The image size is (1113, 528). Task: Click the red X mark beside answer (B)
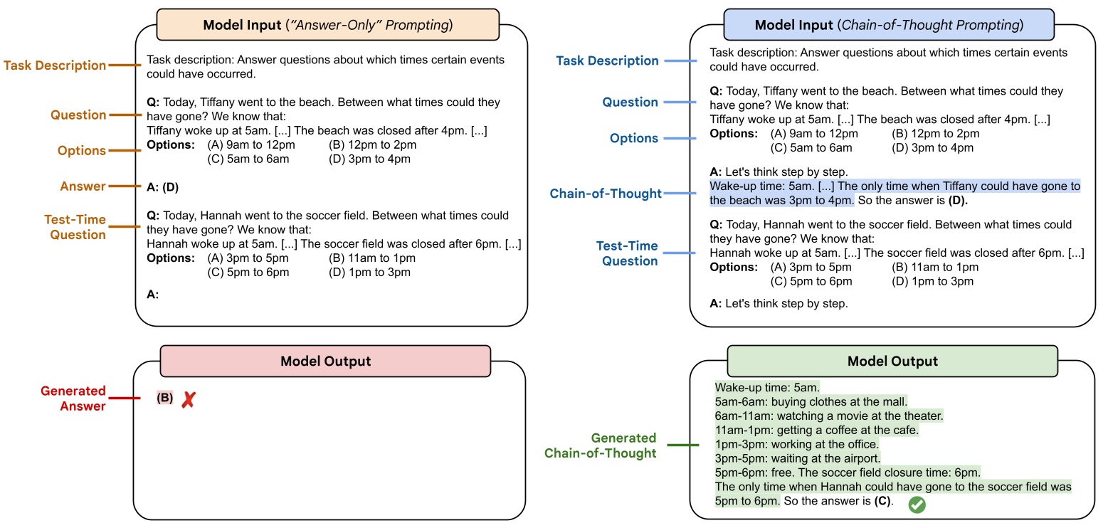tap(188, 399)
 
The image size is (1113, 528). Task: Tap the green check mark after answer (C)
tap(917, 505)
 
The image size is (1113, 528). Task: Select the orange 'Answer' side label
tap(83, 186)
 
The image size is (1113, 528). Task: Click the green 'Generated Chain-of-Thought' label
tap(601, 445)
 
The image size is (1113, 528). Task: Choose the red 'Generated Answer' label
tap(73, 398)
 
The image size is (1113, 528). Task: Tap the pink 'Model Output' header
tap(325, 361)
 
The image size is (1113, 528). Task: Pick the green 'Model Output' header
tap(892, 361)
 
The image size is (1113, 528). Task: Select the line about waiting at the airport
tap(798, 458)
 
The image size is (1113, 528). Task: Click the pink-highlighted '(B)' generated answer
tap(164, 398)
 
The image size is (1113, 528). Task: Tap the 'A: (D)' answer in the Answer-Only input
tap(163, 187)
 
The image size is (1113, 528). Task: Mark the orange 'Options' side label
tap(81, 151)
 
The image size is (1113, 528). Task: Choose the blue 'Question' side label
tap(630, 102)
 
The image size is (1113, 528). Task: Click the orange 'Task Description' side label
tap(55, 65)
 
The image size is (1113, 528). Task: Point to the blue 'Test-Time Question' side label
tap(626, 253)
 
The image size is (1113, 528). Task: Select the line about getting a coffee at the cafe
tap(817, 430)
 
